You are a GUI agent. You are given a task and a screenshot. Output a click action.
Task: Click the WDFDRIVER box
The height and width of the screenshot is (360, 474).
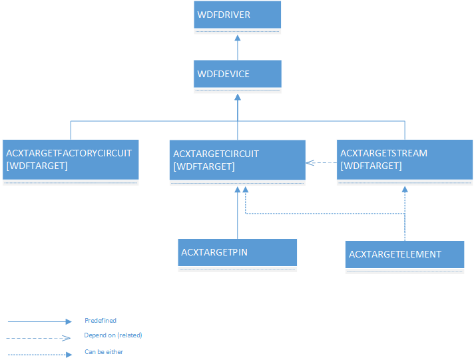pos(237,15)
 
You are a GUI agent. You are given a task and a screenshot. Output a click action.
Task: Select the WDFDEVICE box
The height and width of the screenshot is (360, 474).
pos(237,74)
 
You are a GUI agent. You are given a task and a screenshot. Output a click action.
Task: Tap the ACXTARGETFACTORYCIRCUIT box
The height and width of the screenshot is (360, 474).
pos(70,160)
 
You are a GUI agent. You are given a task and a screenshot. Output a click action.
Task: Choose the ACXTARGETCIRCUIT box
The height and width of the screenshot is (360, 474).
pos(237,160)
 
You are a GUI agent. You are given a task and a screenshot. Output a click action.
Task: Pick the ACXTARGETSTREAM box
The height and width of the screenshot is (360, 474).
pos(404,160)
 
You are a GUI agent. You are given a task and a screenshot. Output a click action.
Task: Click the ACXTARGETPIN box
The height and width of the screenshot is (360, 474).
pos(237,253)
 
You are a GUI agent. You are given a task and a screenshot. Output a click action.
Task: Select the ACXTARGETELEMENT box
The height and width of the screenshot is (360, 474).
pos(404,254)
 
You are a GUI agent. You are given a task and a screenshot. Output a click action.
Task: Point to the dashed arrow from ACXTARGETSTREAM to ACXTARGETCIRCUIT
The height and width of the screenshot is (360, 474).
pos(321,162)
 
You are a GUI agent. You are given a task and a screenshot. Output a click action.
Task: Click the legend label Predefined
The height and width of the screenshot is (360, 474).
pos(101,321)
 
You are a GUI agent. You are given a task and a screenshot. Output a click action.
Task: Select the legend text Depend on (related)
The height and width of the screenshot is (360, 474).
pos(113,335)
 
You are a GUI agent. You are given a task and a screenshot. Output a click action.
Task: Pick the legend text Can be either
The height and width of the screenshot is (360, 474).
pos(104,352)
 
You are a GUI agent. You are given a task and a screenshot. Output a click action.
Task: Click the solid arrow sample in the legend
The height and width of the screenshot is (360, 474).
pos(39,322)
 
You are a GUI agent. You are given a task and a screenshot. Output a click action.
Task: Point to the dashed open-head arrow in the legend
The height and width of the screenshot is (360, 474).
pos(39,337)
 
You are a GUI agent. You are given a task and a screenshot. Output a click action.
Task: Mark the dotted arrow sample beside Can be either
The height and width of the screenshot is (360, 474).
pos(39,354)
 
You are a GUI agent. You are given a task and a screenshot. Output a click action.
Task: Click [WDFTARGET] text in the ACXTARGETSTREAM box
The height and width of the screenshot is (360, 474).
pos(371,166)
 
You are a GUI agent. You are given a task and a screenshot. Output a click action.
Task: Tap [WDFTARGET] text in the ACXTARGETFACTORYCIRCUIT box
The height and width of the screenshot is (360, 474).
pos(37,165)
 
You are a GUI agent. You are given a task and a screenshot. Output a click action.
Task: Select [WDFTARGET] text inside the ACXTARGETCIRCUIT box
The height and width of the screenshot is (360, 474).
pos(204,166)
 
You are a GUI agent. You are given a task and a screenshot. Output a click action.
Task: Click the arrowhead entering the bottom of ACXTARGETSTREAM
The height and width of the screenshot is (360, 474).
pos(404,190)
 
